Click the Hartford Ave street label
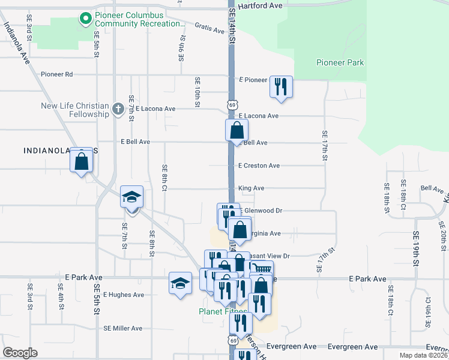click(x=260, y=5)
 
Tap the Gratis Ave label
click(x=209, y=28)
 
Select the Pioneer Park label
click(x=340, y=62)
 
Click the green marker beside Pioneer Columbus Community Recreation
click(x=86, y=19)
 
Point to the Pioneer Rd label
click(x=56, y=74)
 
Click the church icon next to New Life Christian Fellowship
click(x=118, y=110)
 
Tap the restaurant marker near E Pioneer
click(x=281, y=87)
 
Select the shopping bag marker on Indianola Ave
click(x=82, y=160)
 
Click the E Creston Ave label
click(x=259, y=166)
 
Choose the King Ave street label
click(x=251, y=188)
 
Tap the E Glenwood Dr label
click(x=262, y=211)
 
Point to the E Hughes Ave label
click(x=124, y=295)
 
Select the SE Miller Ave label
click(x=122, y=328)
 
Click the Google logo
click(x=20, y=353)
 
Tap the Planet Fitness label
click(x=222, y=311)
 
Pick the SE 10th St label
click(x=197, y=92)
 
